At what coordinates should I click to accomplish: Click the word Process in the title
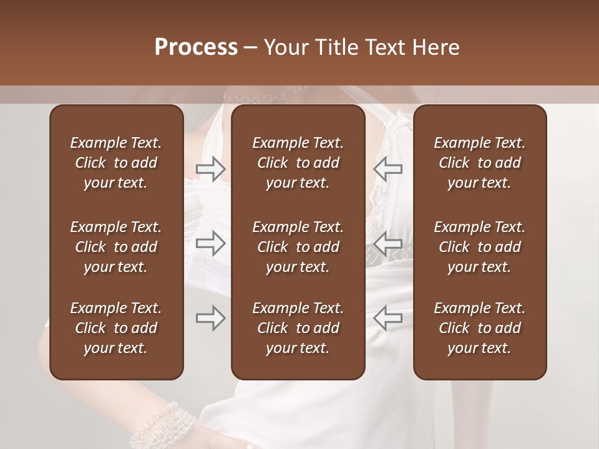(x=196, y=47)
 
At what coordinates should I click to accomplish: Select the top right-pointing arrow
(x=210, y=168)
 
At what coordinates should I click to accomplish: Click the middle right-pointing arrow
(x=210, y=243)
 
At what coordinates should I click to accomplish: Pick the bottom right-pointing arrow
(x=210, y=318)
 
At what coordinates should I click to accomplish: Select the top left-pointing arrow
(x=387, y=168)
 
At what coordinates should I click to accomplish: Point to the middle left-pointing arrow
(x=387, y=243)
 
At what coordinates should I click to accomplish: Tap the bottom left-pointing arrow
(x=387, y=318)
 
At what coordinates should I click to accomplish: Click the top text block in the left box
(x=116, y=163)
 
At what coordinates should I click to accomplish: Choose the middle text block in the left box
(x=116, y=247)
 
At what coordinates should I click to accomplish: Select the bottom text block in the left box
(x=116, y=328)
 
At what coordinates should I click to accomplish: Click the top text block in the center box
(x=298, y=163)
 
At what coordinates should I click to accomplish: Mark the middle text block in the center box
(x=298, y=247)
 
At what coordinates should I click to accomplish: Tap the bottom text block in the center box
(x=298, y=328)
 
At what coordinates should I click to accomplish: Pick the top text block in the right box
(x=479, y=163)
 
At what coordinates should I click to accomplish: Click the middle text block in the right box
(x=479, y=247)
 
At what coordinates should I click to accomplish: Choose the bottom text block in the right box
(x=479, y=328)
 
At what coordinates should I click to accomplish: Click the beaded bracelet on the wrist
(x=153, y=424)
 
